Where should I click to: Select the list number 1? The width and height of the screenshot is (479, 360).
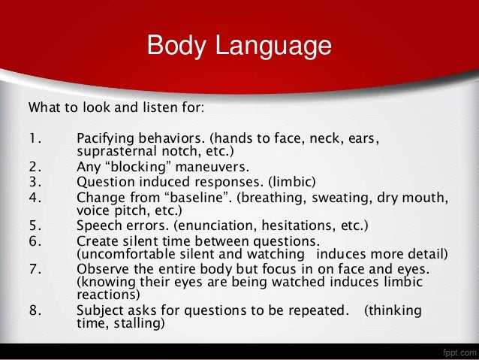click(33, 138)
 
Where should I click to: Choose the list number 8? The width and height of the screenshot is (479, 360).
click(33, 311)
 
